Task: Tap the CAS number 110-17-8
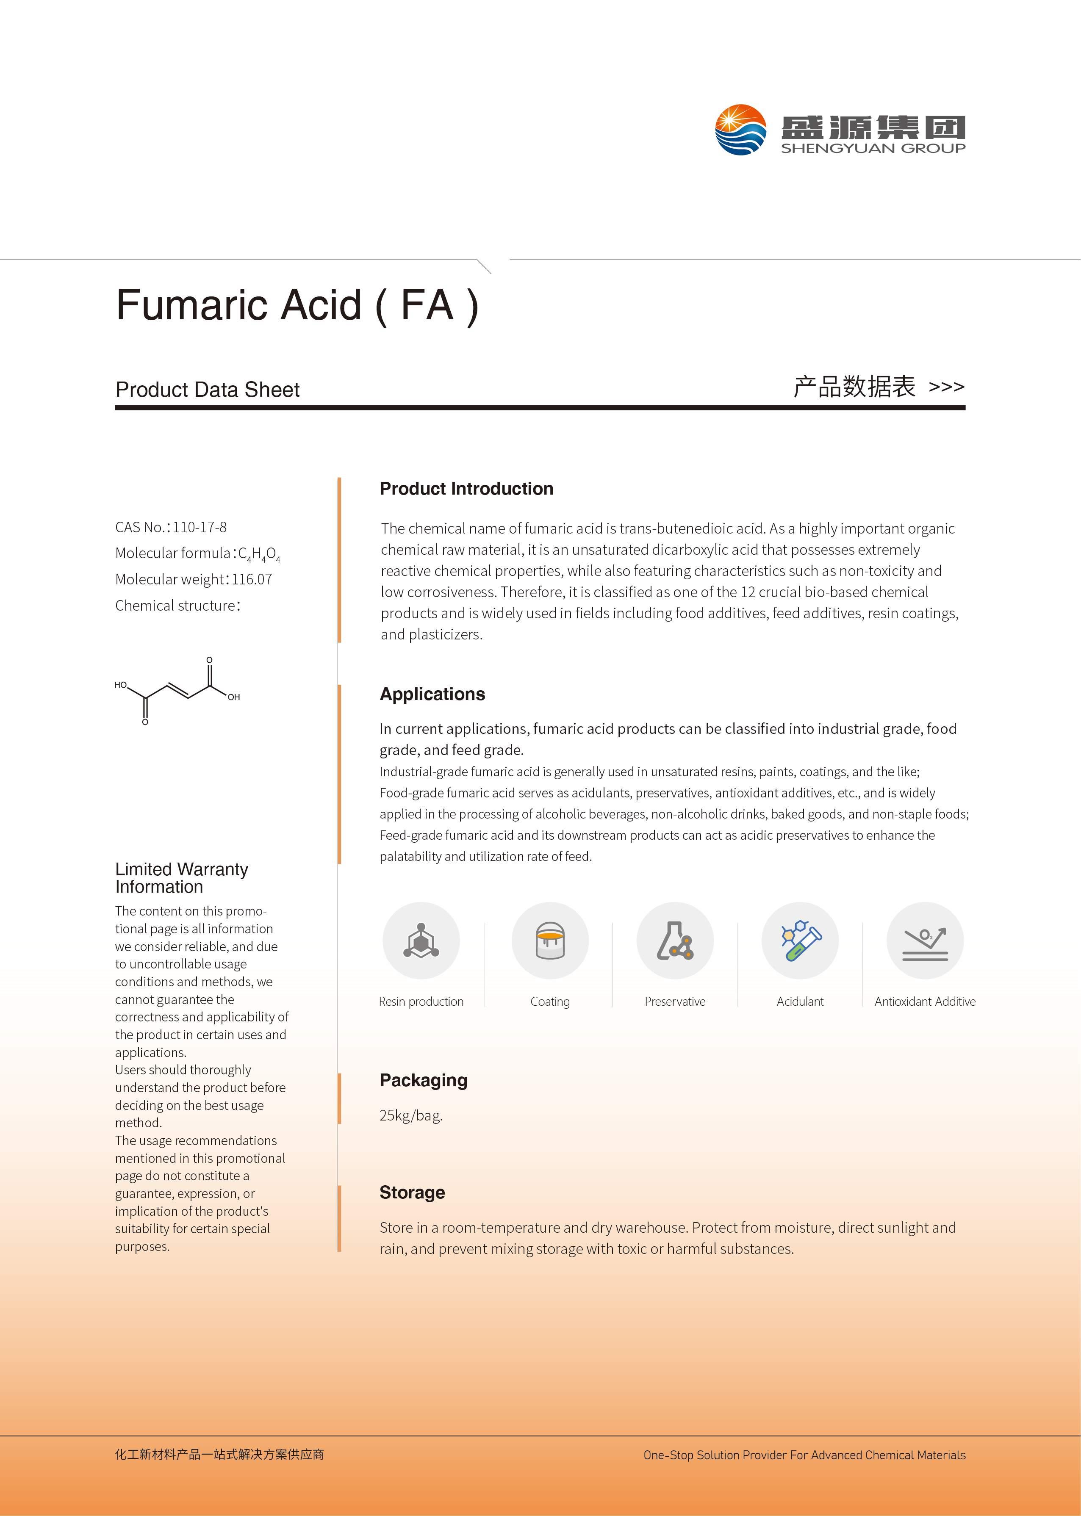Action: [x=200, y=527]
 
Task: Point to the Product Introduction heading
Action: [x=466, y=489]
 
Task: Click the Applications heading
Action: [x=432, y=694]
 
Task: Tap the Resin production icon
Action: [x=421, y=941]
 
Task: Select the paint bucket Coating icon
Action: [x=550, y=941]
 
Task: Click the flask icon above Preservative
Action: [x=675, y=941]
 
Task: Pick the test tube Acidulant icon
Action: [x=800, y=941]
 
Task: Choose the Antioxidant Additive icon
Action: [x=925, y=941]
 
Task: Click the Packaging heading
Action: [x=423, y=1080]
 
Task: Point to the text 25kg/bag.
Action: [x=411, y=1115]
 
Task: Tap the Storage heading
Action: [x=412, y=1192]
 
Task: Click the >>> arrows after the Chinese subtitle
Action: [x=946, y=387]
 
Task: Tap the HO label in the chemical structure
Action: [x=120, y=684]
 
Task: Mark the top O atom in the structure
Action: [x=209, y=660]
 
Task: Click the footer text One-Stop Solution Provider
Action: [x=804, y=1455]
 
